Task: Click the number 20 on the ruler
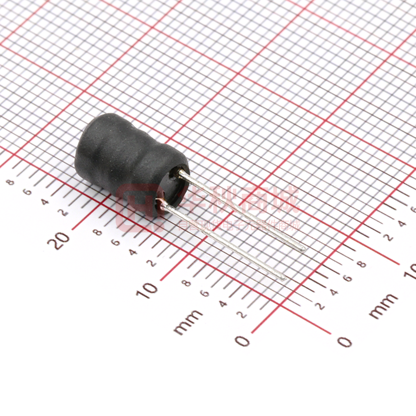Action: [x=61, y=240]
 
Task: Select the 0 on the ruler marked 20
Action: [x=242, y=341]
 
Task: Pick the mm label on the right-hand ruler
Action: [x=383, y=306]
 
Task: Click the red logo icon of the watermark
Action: [x=134, y=208]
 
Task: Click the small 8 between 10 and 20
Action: [x=98, y=232]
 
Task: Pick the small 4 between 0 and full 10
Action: [x=222, y=304]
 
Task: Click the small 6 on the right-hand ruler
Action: [x=348, y=278]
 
